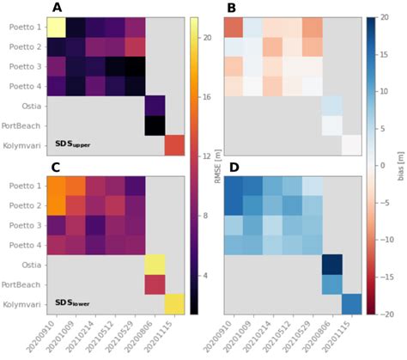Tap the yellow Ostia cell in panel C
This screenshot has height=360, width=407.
pyautogui.click(x=154, y=264)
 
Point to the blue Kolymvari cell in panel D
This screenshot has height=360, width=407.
pyautogui.click(x=349, y=304)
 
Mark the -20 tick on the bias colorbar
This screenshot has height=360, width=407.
pyautogui.click(x=386, y=315)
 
